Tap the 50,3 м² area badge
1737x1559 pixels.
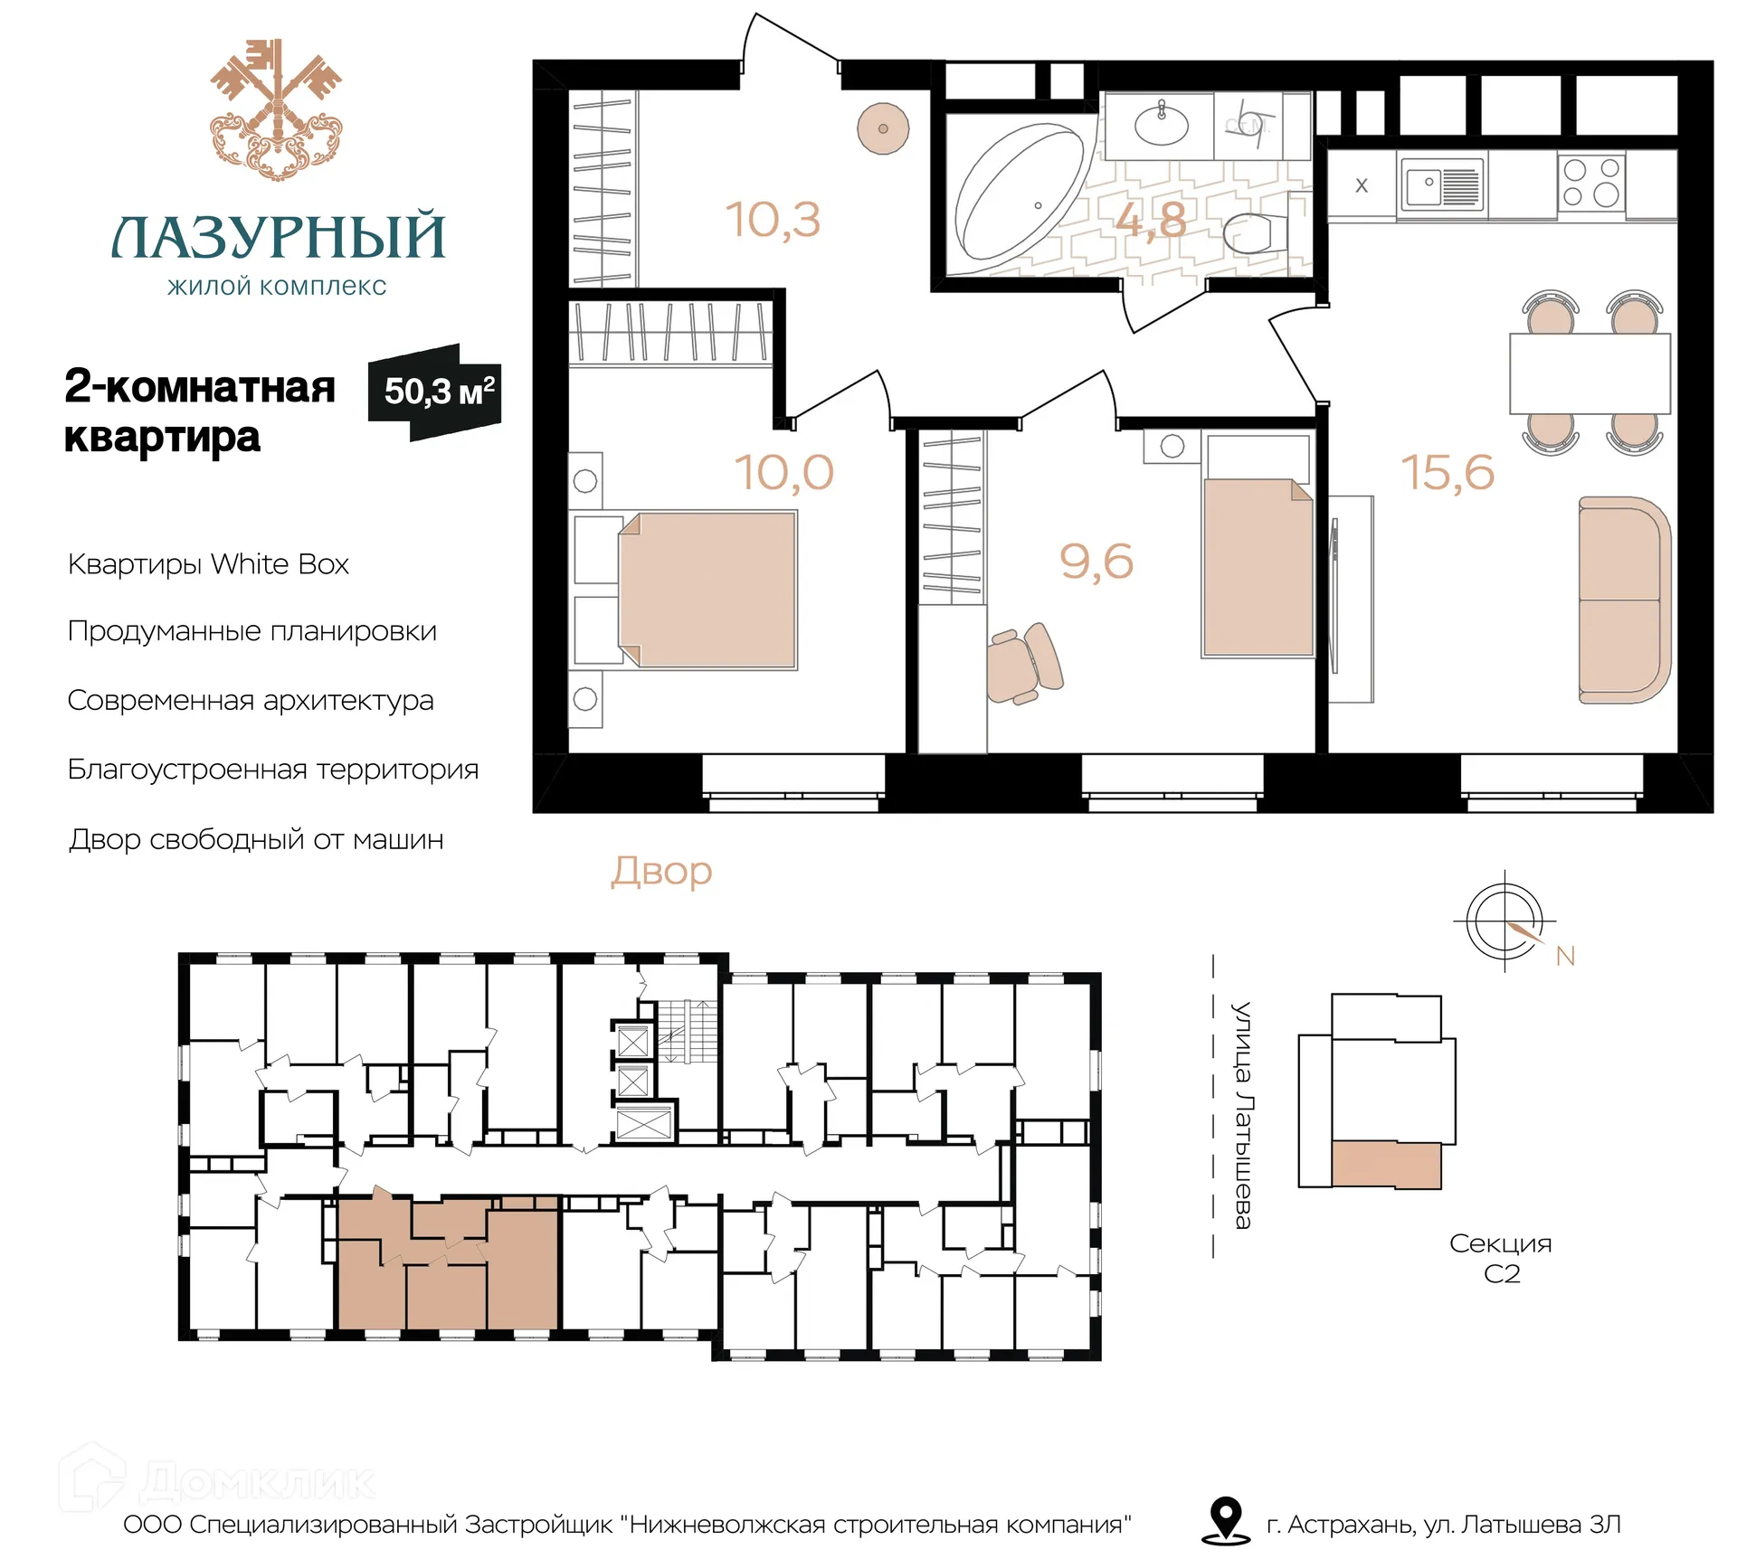[435, 392]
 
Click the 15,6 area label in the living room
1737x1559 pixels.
[1447, 472]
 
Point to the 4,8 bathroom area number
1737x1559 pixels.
[1150, 220]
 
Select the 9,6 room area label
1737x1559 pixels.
[1096, 562]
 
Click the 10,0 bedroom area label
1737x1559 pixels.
[783, 472]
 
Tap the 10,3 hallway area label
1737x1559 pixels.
[773, 220]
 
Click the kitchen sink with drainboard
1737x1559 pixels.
[1442, 185]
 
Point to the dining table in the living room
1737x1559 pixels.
[1590, 373]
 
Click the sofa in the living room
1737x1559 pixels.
[1624, 600]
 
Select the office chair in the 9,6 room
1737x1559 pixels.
[1024, 663]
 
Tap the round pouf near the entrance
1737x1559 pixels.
[883, 128]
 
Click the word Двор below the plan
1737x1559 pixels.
[661, 872]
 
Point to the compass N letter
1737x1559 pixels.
[1565, 956]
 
